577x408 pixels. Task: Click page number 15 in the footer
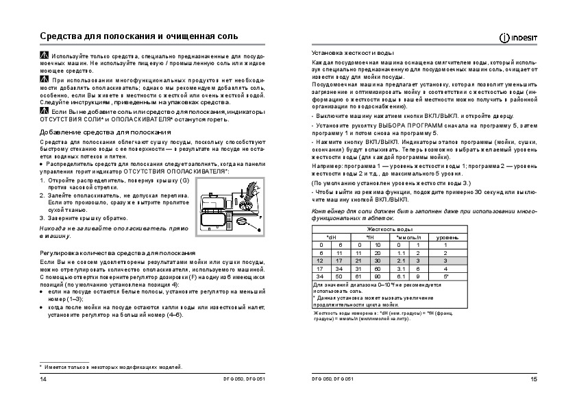tap(534, 380)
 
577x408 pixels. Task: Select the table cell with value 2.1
tap(402, 261)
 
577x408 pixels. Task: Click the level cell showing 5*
tap(446, 276)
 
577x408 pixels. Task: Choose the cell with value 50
tap(339, 276)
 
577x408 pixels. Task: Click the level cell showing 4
tap(446, 268)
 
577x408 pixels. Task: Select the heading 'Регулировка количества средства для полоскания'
tap(108, 254)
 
